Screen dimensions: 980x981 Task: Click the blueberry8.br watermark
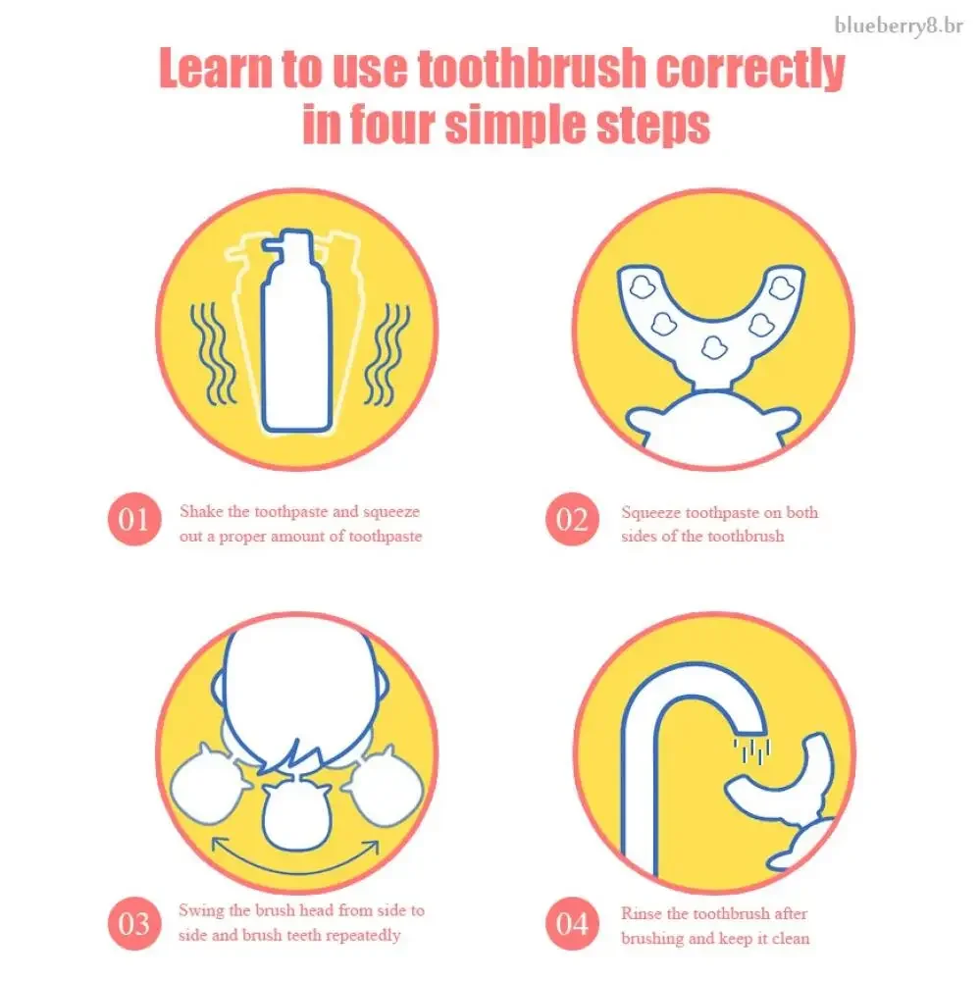(899, 26)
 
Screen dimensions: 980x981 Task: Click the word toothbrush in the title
(532, 69)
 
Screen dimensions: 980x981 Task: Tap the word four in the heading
(390, 125)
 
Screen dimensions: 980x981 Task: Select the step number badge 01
(134, 519)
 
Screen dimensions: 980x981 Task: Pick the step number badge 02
(572, 519)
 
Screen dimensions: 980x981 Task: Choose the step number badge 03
(134, 923)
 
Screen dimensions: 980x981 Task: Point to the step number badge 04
(572, 923)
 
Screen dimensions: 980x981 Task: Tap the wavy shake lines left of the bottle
(214, 353)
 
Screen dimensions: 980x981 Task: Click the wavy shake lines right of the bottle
(387, 353)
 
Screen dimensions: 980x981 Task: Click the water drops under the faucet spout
(751, 750)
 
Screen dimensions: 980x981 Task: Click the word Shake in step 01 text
(201, 512)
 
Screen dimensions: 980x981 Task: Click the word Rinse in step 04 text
(642, 913)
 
